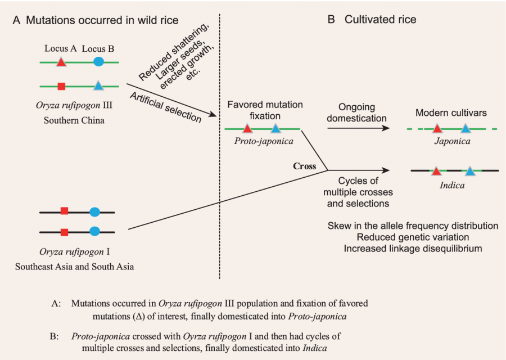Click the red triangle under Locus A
(x=61, y=63)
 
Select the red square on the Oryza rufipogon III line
(x=62, y=86)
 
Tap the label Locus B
(x=98, y=49)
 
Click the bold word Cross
(x=304, y=166)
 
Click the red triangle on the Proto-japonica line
(x=247, y=129)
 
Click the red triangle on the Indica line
(x=436, y=169)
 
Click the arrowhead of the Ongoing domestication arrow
(x=386, y=129)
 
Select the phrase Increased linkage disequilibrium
(x=413, y=249)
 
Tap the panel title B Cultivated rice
(x=372, y=20)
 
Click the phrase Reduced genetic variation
(x=413, y=237)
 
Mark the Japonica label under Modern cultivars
(x=452, y=142)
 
